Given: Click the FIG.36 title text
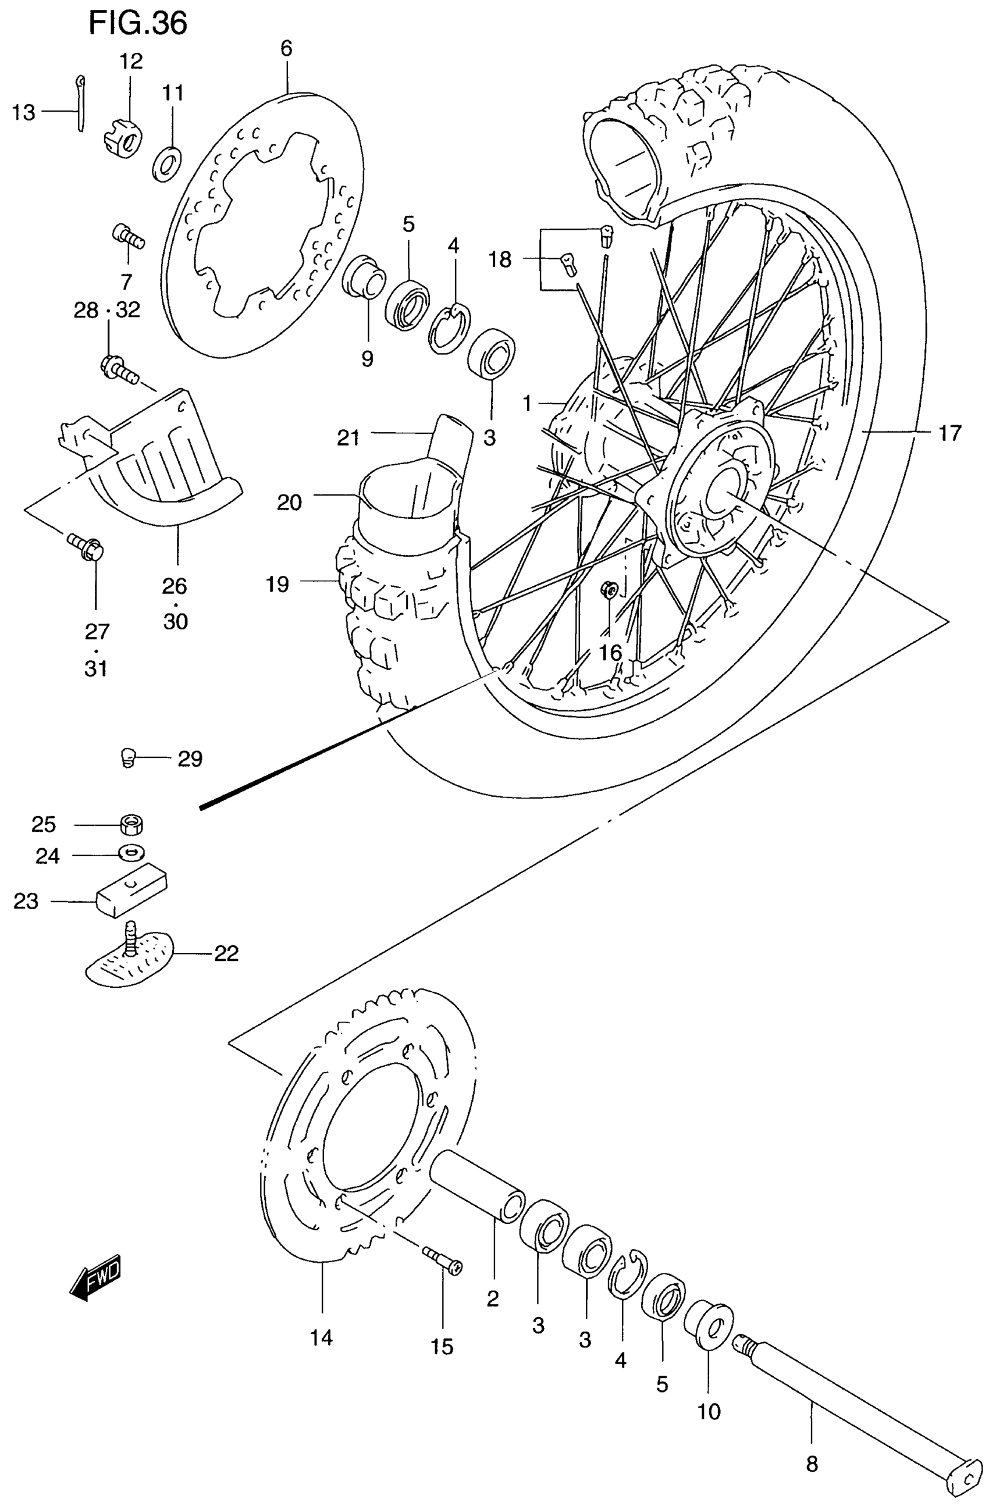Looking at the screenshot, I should coord(138,23).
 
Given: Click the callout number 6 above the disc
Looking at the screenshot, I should coord(287,49).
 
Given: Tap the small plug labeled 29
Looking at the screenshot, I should coord(128,757).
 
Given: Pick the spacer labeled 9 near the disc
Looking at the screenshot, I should coord(363,274).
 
